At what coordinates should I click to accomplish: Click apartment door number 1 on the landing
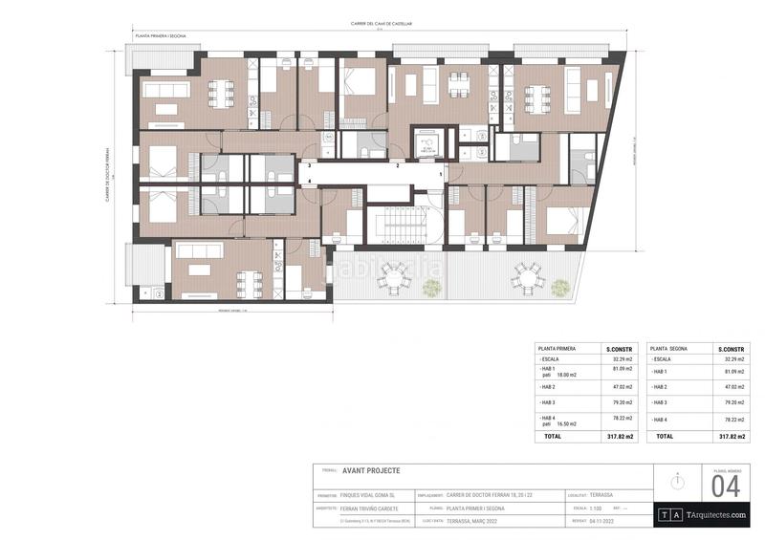point(441,174)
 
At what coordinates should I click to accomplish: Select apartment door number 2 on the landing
point(399,165)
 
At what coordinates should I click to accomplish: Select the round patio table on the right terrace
point(525,276)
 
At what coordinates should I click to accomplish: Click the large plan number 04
point(726,486)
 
